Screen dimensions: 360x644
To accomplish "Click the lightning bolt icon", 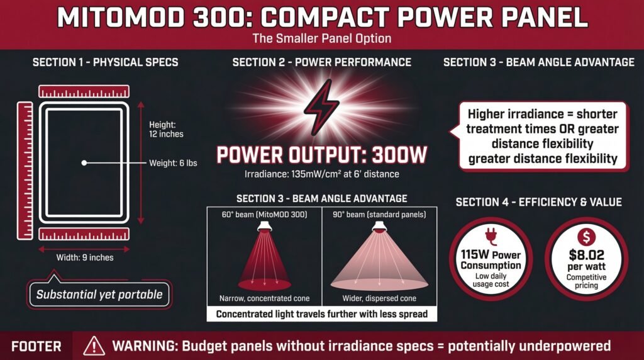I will pyautogui.click(x=321, y=107).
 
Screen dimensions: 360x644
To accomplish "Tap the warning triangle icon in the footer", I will pyautogui.click(x=94, y=346).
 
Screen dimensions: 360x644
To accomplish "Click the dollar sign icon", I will pyautogui.click(x=586, y=238).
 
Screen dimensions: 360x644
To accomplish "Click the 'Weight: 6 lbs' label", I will pyautogui.click(x=173, y=163).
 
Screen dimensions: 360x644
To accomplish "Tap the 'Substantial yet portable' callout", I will pyautogui.click(x=99, y=294).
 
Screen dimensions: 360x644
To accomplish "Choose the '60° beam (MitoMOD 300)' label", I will pyautogui.click(x=264, y=215).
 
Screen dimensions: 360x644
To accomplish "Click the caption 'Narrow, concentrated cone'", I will pyautogui.click(x=264, y=298).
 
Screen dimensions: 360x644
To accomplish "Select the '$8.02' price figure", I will pyautogui.click(x=586, y=256).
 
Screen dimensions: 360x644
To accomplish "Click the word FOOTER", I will pyautogui.click(x=36, y=346).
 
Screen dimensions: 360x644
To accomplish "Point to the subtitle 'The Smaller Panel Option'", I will pyautogui.click(x=321, y=38).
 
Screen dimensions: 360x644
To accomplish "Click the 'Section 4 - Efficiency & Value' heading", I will pyautogui.click(x=538, y=202).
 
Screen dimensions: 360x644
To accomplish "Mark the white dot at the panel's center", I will pyautogui.click(x=84, y=163).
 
